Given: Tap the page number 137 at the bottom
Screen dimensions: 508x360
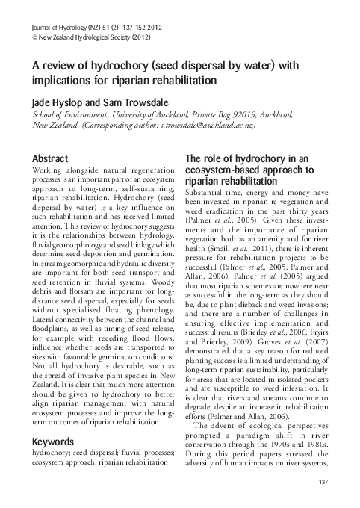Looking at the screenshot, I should (x=324, y=480).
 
